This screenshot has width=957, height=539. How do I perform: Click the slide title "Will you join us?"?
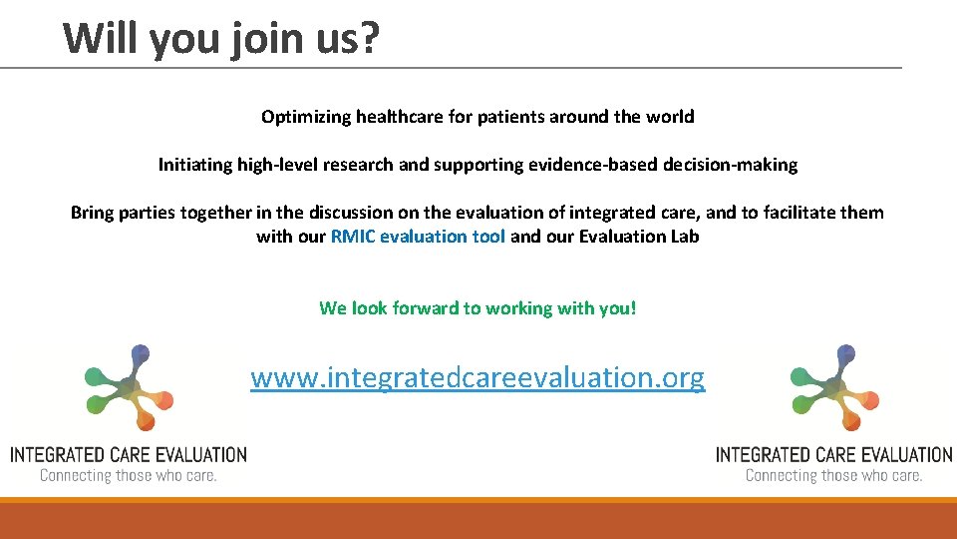coord(221,38)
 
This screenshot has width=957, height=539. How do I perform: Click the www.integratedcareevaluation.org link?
coord(478,377)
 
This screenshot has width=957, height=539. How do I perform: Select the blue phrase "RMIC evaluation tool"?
coord(418,237)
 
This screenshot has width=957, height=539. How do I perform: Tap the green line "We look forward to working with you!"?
coord(478,308)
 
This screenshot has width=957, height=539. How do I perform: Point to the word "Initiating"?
coord(195,165)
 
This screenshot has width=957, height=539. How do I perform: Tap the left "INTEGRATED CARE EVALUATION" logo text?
coord(129,455)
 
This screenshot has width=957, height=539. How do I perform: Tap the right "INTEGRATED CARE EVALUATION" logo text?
coord(834,455)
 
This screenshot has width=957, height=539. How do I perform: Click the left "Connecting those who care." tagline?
coord(129,476)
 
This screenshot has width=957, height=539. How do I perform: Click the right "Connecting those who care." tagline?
coord(834,476)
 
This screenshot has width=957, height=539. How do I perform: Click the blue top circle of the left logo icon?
coord(141,352)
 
